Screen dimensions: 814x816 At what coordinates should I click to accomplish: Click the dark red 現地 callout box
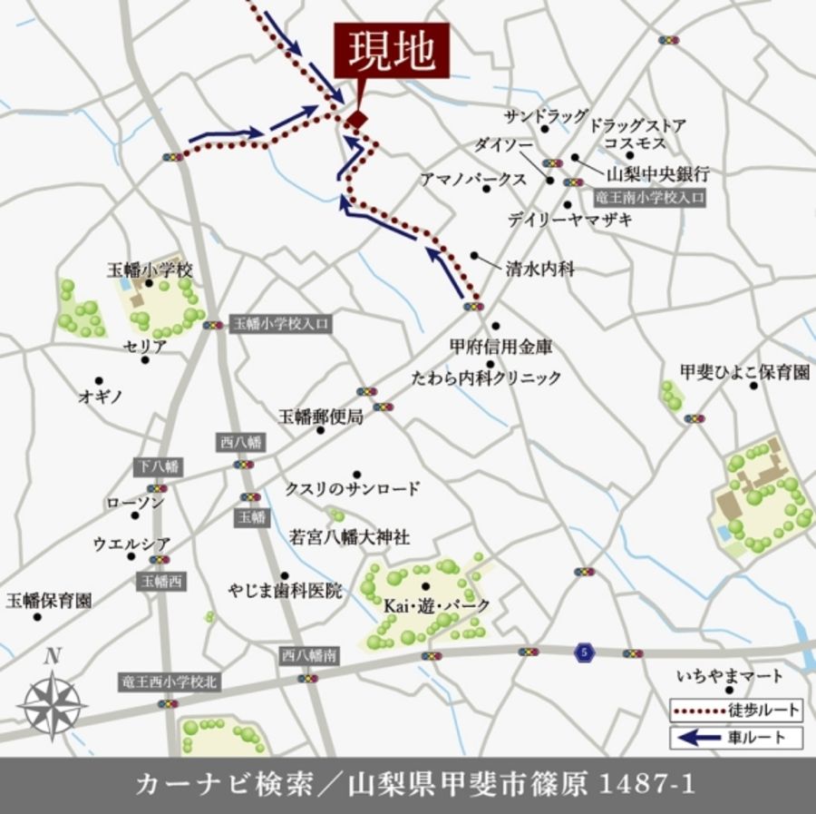point(392,54)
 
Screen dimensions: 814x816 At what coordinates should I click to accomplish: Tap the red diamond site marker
point(356,120)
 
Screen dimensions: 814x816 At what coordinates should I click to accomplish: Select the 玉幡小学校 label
point(150,270)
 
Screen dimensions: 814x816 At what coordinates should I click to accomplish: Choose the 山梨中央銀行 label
point(657,173)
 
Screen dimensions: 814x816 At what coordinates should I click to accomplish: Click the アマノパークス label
point(472,180)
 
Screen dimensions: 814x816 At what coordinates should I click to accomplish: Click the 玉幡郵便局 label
point(321,417)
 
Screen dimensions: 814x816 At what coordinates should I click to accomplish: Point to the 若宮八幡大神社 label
point(349,537)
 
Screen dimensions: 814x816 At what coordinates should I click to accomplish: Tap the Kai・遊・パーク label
point(436,605)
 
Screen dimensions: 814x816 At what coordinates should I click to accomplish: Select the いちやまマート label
point(730,676)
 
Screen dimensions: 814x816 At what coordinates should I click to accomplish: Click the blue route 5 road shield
point(584,651)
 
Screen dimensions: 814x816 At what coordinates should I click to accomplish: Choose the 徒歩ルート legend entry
point(737,709)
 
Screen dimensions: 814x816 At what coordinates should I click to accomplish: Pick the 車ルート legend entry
point(737,737)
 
